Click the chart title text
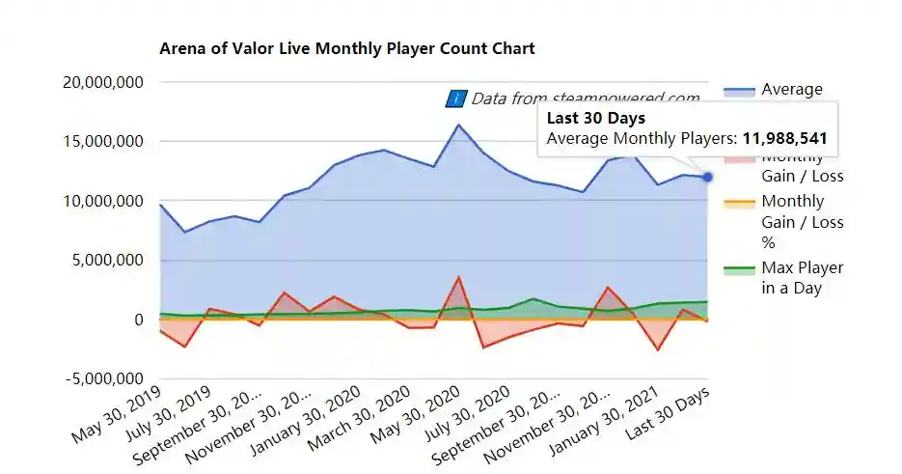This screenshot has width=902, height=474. [x=346, y=48]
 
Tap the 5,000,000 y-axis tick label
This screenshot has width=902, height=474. [x=107, y=261]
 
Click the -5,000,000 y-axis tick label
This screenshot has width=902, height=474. [x=104, y=378]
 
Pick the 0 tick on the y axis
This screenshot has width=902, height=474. [x=138, y=320]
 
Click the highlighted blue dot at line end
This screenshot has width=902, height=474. [x=707, y=177]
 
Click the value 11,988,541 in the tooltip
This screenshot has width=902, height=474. [x=784, y=139]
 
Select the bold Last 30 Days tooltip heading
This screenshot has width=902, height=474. [x=595, y=119]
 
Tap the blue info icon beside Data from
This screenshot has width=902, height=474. [x=455, y=98]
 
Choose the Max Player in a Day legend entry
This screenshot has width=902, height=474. [x=802, y=278]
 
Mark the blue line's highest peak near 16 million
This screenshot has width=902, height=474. [x=459, y=125]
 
